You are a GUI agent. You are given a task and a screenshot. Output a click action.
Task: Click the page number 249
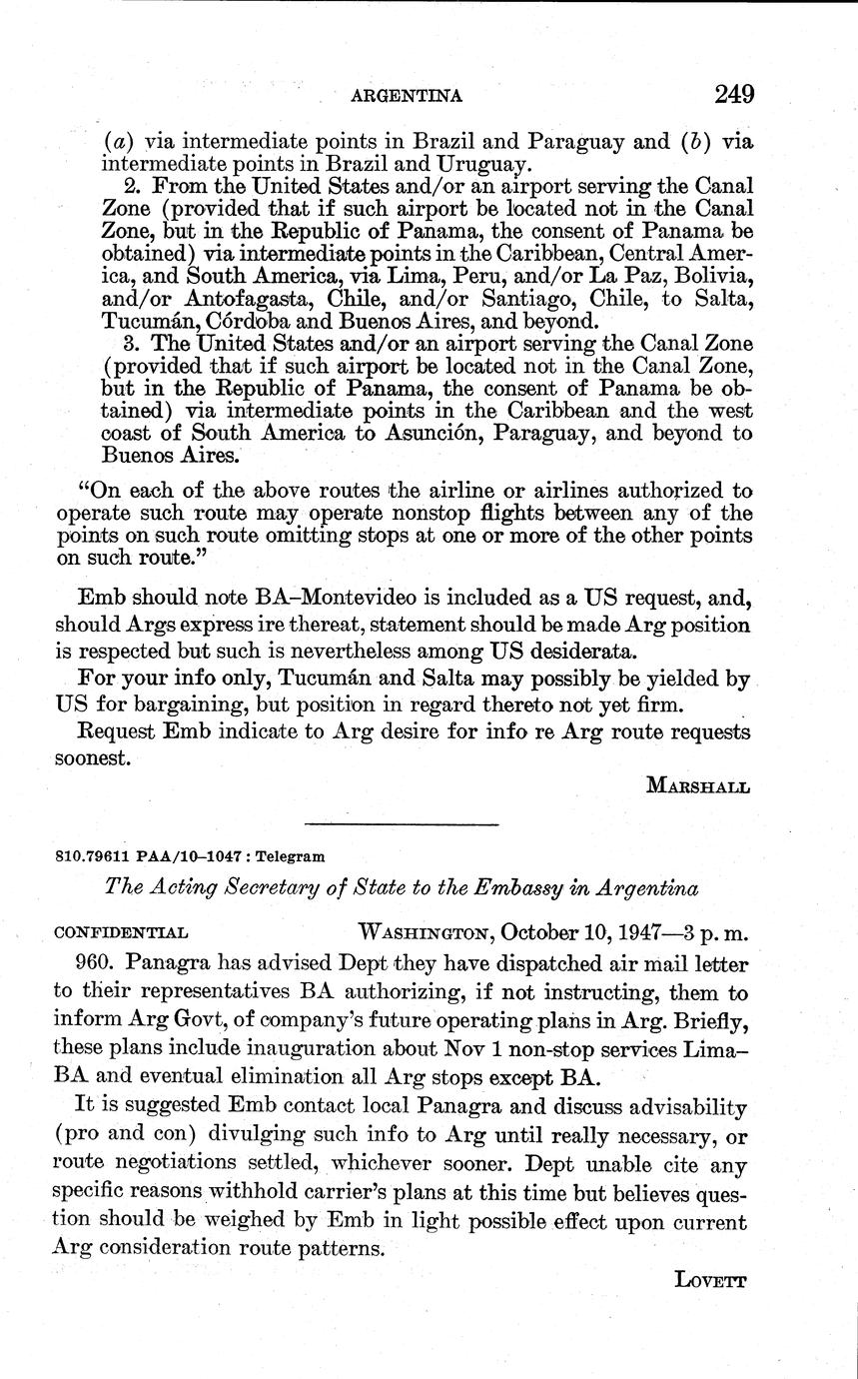tap(734, 94)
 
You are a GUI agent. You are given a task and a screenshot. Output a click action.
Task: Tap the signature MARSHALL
tap(698, 785)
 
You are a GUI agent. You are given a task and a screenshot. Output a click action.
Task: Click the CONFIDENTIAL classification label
tap(120, 931)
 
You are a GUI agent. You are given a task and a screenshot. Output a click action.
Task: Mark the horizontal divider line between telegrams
tap(402, 824)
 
